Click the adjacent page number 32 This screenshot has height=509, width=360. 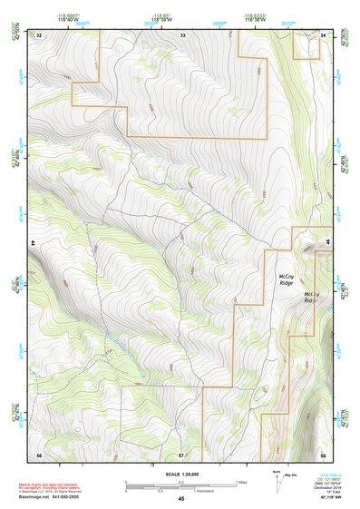(x=39, y=34)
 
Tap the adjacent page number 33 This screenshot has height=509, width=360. (x=182, y=34)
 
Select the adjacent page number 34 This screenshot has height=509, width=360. (x=324, y=34)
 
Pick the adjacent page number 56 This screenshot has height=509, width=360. (x=39, y=453)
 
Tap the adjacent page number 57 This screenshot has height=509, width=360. (x=181, y=453)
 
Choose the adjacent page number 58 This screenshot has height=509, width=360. (x=323, y=453)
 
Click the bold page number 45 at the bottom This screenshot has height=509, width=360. (x=180, y=498)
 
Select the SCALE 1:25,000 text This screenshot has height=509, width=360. (x=180, y=474)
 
